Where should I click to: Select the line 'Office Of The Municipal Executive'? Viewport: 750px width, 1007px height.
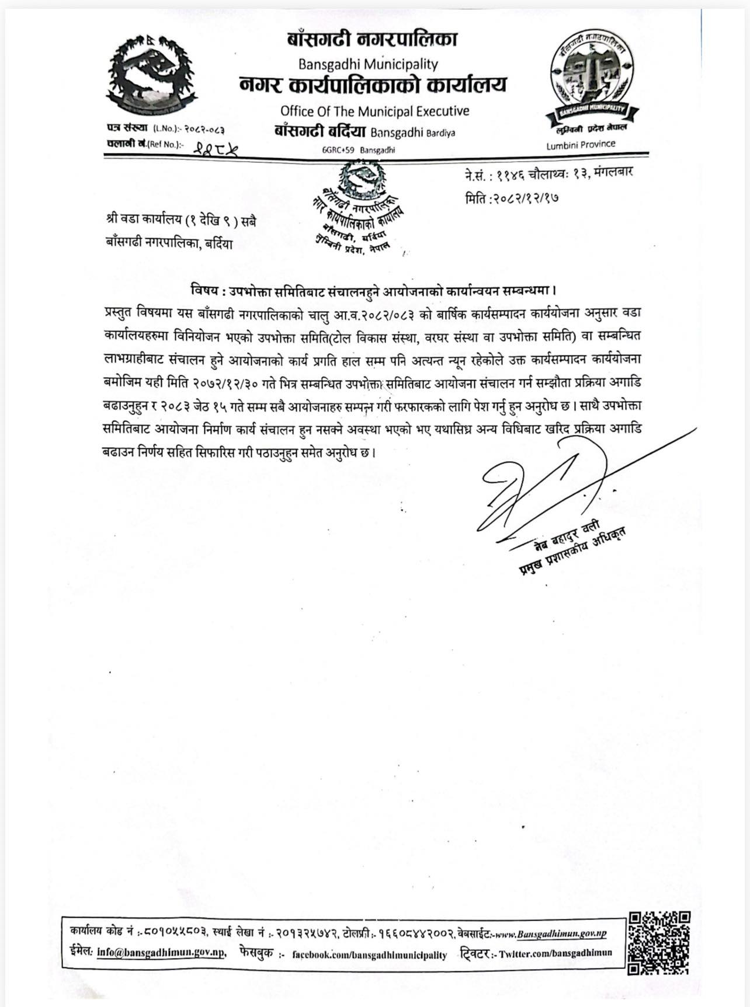[x=374, y=110]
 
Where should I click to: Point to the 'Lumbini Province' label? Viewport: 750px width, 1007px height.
[x=581, y=145]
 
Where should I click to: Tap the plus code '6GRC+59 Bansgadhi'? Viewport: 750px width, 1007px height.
[x=359, y=150]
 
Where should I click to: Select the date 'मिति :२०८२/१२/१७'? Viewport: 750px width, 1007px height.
[x=512, y=198]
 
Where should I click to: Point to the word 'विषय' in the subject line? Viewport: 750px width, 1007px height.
[x=204, y=290]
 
